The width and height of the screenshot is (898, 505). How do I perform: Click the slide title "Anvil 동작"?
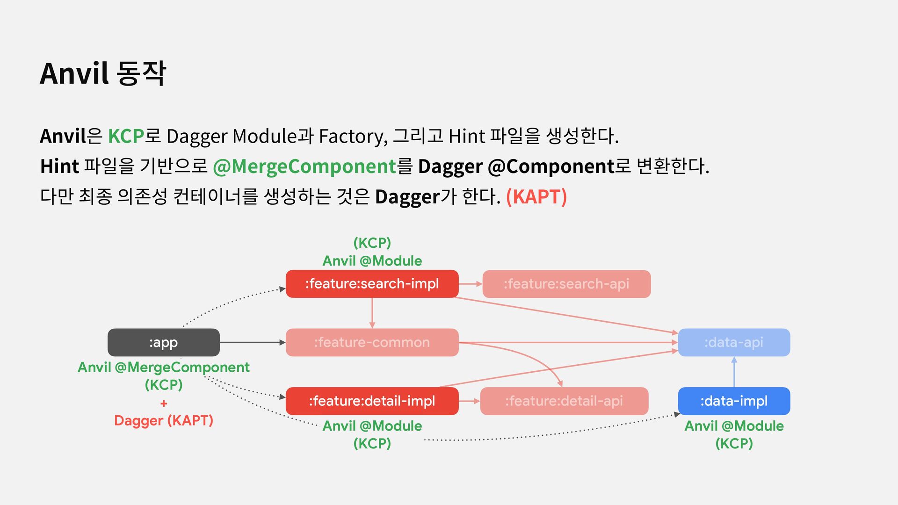pos(103,73)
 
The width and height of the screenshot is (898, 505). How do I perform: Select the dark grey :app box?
pos(163,342)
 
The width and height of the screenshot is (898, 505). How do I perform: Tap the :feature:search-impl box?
pos(372,284)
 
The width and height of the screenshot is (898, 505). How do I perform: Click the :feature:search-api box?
pos(566,284)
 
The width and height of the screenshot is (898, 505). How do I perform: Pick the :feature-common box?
pos(372,342)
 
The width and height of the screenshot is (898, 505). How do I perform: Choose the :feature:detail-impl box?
pos(372,401)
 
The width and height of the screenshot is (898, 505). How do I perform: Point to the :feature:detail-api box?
pos(564,401)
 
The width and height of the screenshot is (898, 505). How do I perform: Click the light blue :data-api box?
pos(733,342)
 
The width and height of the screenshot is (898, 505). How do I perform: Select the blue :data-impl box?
pos(733,401)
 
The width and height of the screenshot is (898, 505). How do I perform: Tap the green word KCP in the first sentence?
pos(125,136)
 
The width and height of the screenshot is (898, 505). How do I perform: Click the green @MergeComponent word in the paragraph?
pos(304,166)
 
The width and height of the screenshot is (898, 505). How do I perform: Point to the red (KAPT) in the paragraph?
pos(536,197)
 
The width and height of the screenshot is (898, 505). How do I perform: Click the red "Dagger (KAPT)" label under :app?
pos(163,420)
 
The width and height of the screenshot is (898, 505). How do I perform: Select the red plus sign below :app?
pos(163,403)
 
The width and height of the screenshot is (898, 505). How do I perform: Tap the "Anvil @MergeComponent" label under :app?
pos(163,367)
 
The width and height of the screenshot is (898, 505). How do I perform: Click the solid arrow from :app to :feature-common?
pos(253,342)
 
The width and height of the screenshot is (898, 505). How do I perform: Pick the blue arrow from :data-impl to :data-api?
pos(734,372)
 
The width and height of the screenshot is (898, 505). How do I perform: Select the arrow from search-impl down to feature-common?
pos(372,313)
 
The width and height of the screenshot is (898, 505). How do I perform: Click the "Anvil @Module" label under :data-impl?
pos(733,426)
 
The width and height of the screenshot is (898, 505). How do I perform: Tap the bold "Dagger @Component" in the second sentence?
pos(515,166)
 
